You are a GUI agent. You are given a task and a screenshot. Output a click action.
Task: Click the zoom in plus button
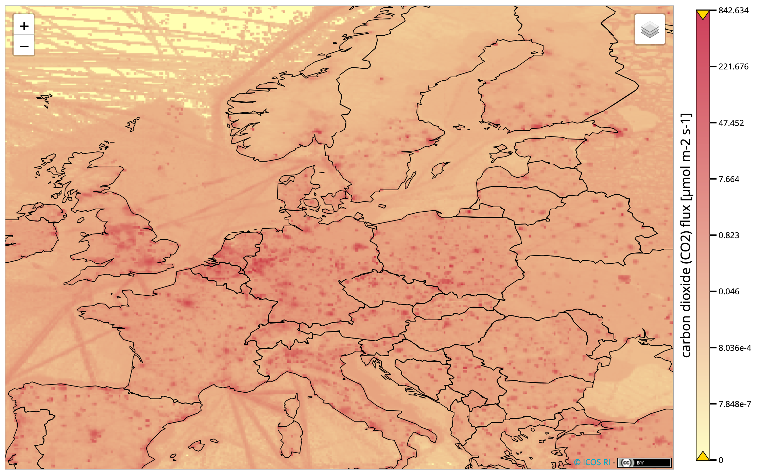(x=24, y=26)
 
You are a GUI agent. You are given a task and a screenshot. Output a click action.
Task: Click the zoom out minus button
(x=24, y=46)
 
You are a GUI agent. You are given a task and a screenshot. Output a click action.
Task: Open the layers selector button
(x=650, y=29)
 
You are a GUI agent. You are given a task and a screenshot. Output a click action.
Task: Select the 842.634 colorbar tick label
(x=733, y=11)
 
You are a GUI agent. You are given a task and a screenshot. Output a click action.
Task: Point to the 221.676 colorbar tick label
(x=733, y=66)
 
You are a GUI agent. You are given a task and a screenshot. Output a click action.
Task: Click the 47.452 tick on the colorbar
(x=731, y=123)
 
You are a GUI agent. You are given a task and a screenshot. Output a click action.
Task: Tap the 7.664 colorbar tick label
(x=729, y=179)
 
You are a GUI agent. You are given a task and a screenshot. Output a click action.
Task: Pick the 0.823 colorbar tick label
(x=729, y=235)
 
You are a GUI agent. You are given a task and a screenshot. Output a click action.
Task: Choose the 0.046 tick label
(x=729, y=291)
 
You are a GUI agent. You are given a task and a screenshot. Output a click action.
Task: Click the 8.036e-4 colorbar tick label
(x=734, y=348)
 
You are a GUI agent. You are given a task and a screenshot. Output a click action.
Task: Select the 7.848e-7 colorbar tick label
(x=734, y=404)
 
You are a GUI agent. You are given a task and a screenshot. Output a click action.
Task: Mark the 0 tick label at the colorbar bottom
(x=721, y=460)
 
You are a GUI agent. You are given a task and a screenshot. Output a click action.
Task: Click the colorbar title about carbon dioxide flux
(x=686, y=235)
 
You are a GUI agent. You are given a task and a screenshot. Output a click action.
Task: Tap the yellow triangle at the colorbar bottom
(x=703, y=456)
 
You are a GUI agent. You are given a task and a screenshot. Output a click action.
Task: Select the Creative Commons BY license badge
(x=644, y=463)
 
